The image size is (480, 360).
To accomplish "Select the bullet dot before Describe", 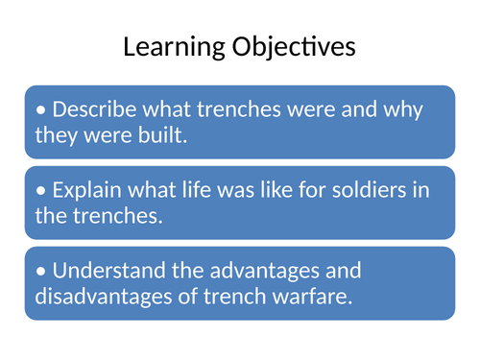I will (39, 109).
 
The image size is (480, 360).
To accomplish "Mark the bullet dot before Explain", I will (39, 190).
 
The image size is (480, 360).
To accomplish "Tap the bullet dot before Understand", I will (39, 272).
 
